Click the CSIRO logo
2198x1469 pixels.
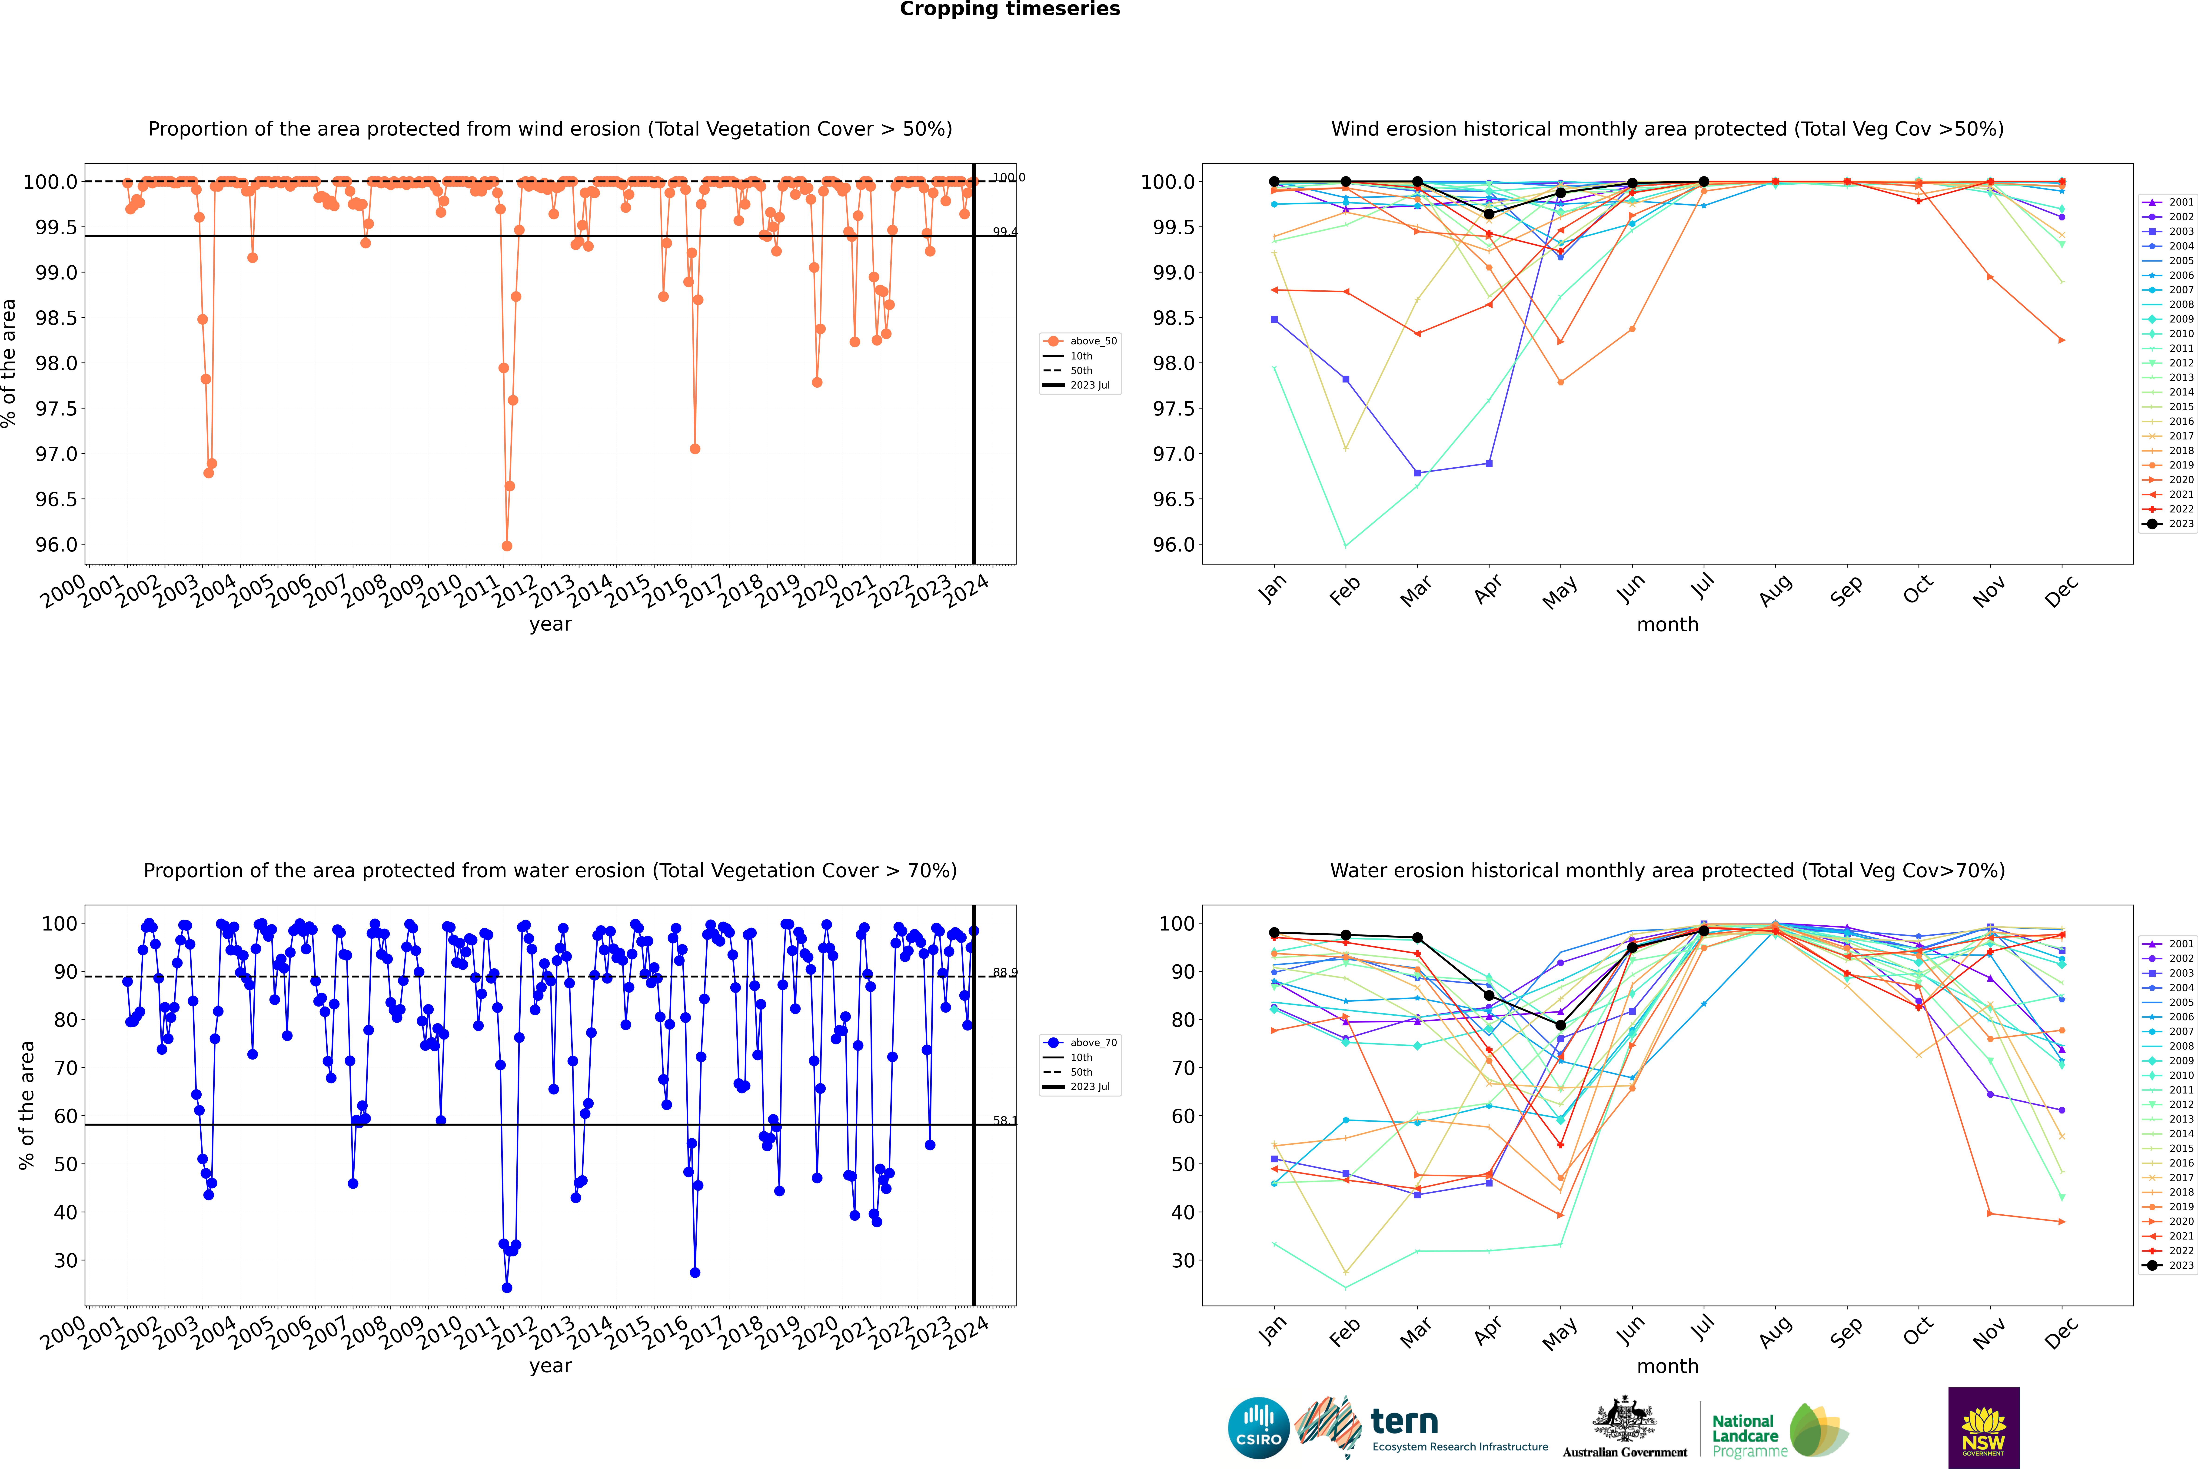(x=1258, y=1428)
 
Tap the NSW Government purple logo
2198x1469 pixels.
(x=1983, y=1428)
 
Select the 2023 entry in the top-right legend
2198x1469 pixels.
(x=2180, y=524)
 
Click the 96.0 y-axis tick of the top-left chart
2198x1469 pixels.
(x=56, y=544)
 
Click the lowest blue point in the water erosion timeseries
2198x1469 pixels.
(x=507, y=1287)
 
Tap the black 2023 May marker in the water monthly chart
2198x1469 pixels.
(x=1560, y=1025)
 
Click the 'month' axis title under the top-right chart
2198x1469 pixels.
(x=1667, y=625)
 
